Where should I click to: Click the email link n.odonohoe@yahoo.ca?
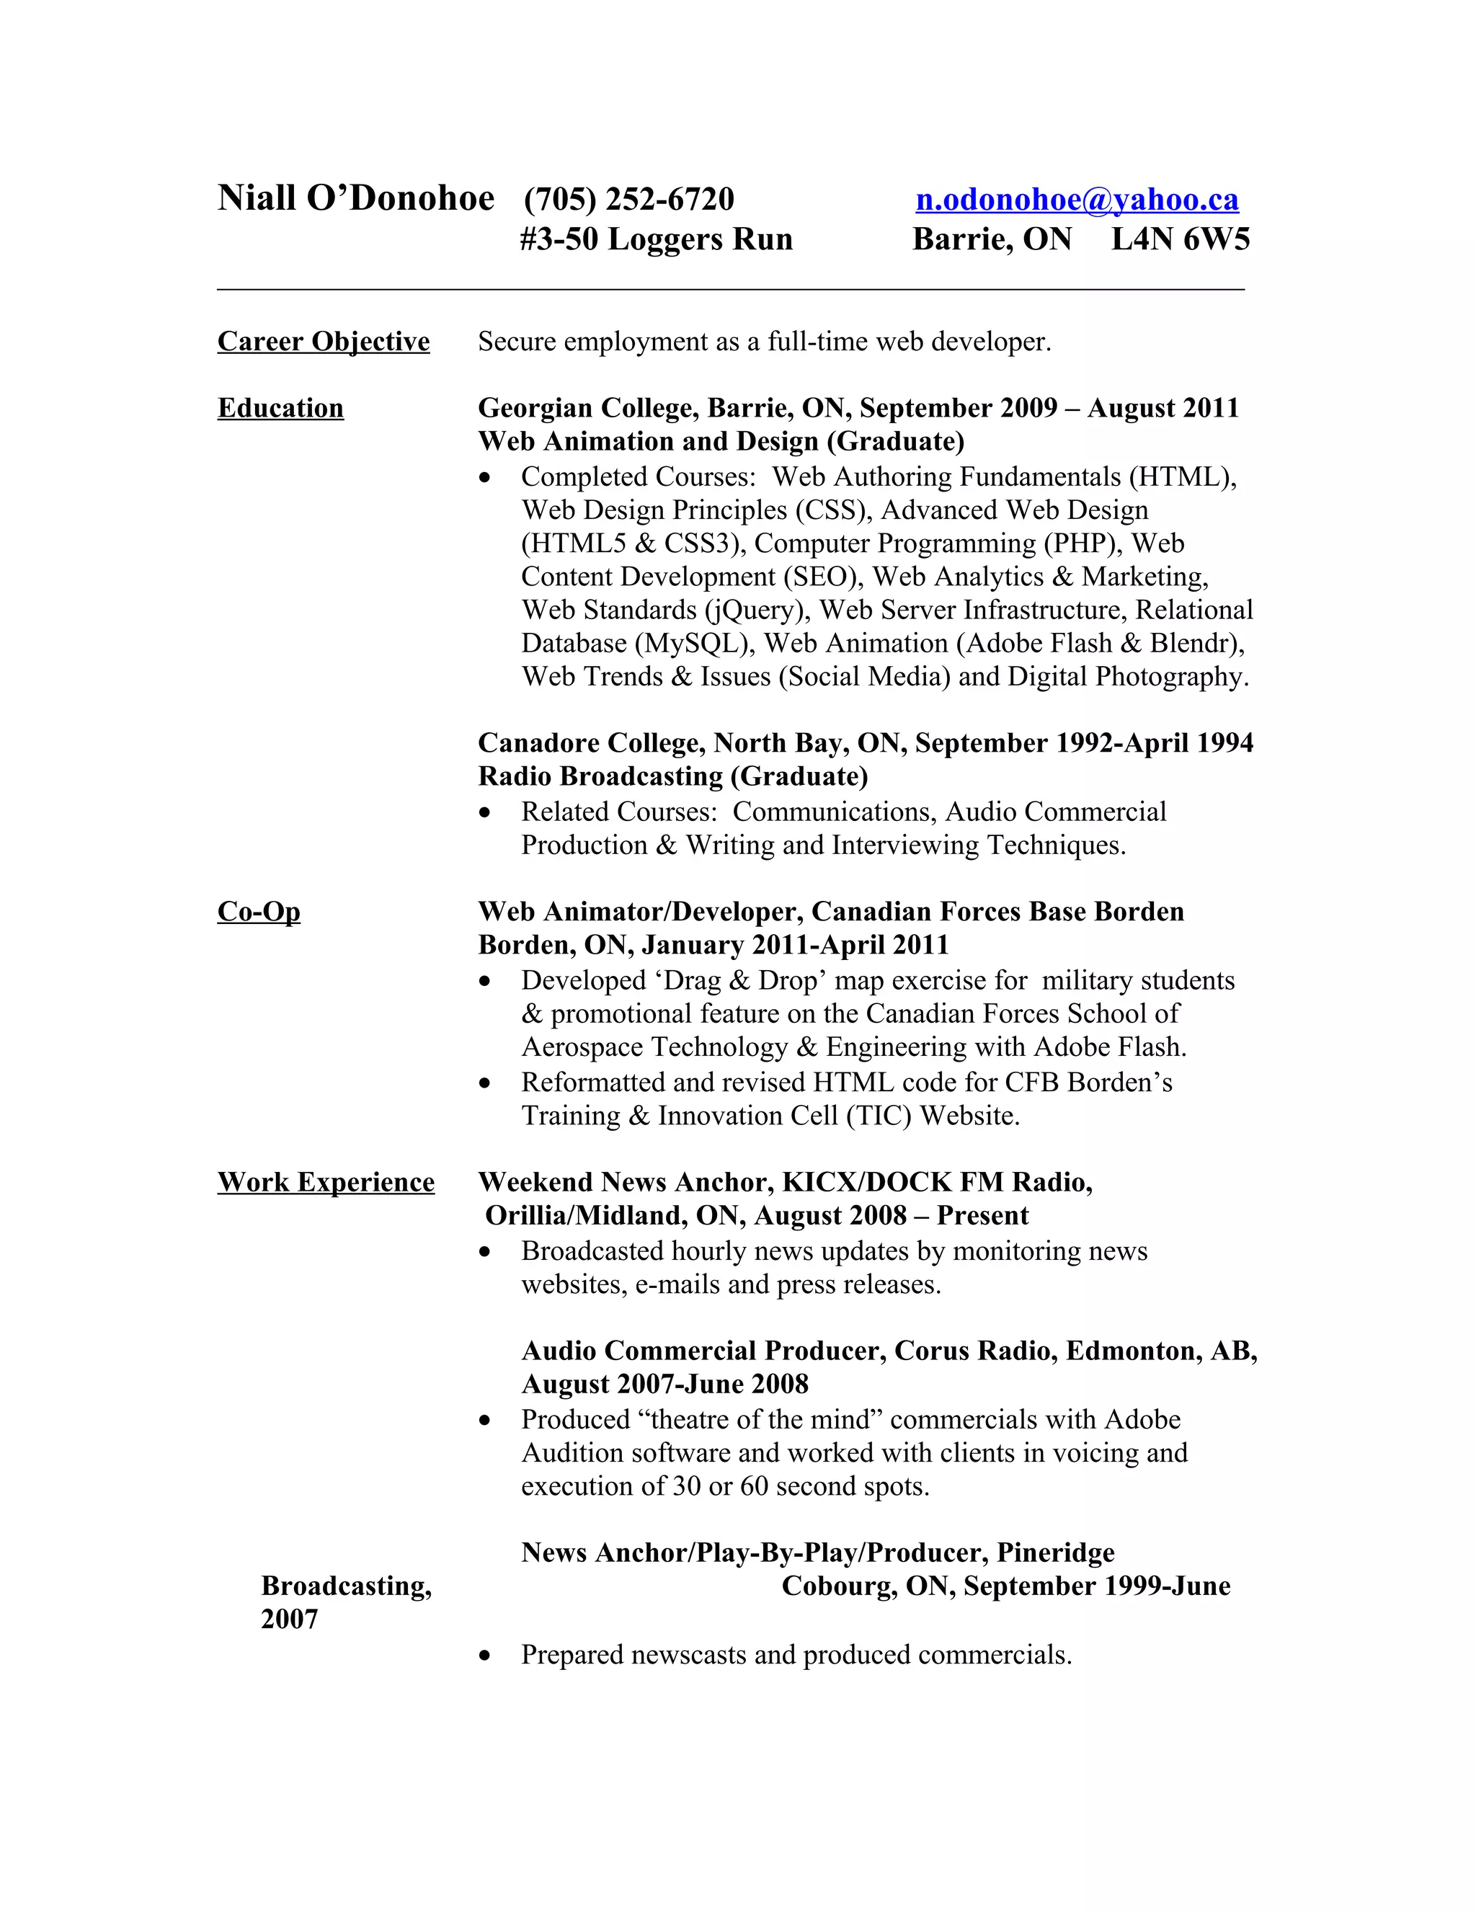[x=1077, y=200]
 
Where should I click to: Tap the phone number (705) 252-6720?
[x=628, y=200]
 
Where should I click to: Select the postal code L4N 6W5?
[x=1180, y=239]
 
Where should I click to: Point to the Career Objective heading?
[x=324, y=341]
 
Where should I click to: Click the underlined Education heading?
[x=280, y=409]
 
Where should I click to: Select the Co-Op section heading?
[x=259, y=912]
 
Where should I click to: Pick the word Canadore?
[x=538, y=743]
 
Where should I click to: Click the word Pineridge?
[x=1055, y=1553]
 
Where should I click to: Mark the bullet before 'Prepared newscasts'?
[x=485, y=1656]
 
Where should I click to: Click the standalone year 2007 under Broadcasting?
[x=290, y=1619]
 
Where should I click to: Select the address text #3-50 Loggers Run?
[x=656, y=239]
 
